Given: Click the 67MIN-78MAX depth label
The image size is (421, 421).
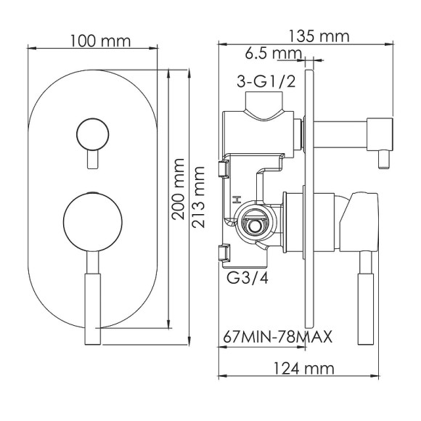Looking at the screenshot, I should (x=278, y=337).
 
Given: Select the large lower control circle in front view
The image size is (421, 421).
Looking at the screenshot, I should (x=93, y=222).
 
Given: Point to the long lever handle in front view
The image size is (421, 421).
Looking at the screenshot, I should (x=93, y=301).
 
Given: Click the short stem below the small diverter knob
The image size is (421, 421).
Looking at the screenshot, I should (x=93, y=159).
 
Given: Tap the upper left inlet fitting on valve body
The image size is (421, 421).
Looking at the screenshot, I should (x=224, y=169).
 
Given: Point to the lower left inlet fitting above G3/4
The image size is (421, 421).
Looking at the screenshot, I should (x=224, y=252).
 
